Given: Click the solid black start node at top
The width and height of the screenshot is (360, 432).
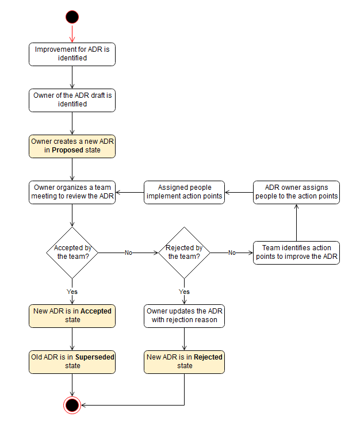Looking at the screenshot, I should click(72, 17).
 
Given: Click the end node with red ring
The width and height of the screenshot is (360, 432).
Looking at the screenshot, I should click(72, 405).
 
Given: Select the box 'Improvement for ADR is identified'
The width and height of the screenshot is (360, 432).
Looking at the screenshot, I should click(72, 53).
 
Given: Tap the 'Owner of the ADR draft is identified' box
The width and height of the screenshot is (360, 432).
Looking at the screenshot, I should click(72, 100).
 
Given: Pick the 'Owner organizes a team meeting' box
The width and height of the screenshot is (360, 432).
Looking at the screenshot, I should click(72, 192).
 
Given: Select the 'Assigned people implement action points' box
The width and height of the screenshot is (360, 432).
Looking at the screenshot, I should click(184, 192).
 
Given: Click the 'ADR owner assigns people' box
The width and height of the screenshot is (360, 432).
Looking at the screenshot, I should click(296, 192).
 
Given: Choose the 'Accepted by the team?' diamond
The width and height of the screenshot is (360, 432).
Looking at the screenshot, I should click(72, 252).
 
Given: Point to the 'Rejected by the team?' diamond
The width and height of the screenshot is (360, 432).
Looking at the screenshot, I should click(184, 252).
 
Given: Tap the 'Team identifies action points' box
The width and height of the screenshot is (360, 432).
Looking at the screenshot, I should click(296, 252).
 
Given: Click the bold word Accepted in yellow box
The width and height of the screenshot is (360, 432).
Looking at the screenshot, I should click(96, 311).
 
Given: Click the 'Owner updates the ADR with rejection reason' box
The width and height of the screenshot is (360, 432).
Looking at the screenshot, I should click(184, 315).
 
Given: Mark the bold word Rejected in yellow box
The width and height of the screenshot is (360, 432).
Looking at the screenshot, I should click(208, 357).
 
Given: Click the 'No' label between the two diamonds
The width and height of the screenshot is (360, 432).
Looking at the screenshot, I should click(129, 253).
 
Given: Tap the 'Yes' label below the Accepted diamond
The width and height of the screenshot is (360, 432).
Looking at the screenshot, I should click(72, 292).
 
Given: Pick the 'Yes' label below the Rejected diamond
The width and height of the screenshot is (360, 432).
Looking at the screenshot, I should click(184, 292).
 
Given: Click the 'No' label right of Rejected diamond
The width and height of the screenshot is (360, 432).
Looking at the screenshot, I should click(232, 253).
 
